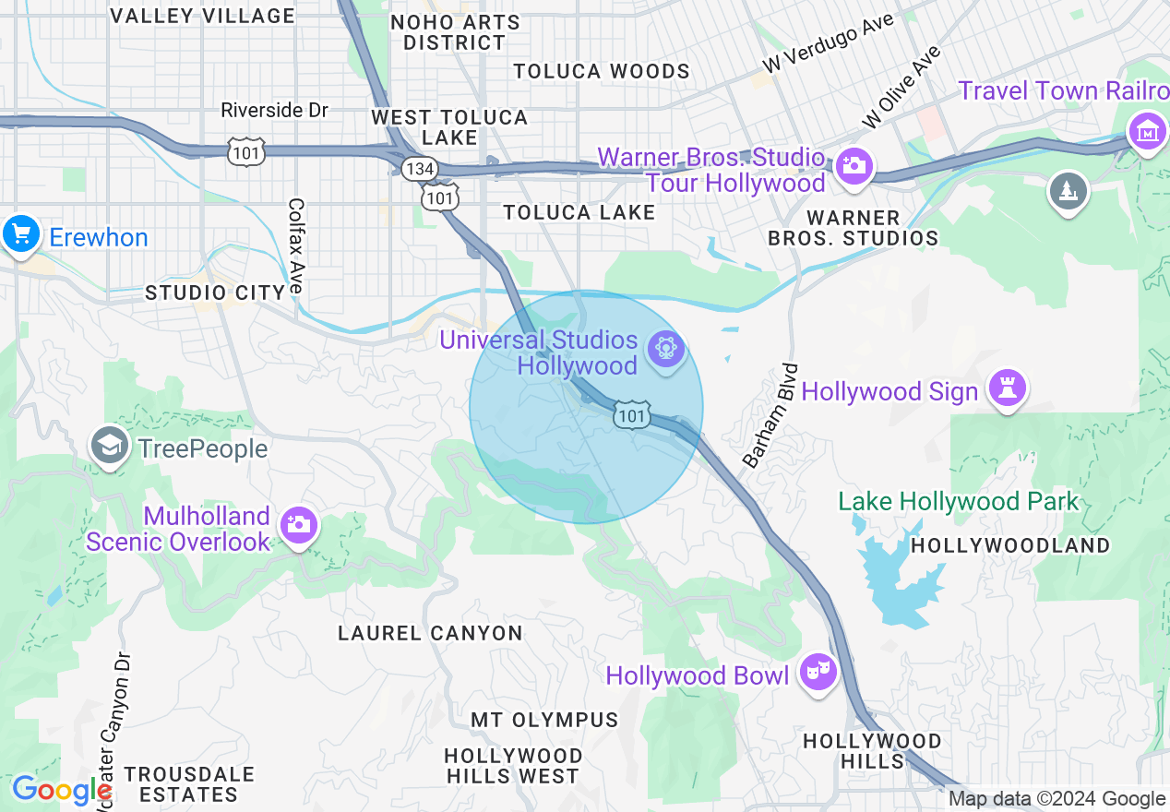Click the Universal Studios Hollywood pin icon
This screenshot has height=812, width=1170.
pyautogui.click(x=664, y=350)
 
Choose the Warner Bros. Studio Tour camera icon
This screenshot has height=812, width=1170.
pyautogui.click(x=854, y=168)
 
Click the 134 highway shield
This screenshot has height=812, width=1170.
pyautogui.click(x=420, y=168)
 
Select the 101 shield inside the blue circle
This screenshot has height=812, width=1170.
pyautogui.click(x=632, y=415)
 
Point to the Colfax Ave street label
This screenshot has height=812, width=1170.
pyautogui.click(x=296, y=245)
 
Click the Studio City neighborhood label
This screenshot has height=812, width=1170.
pyautogui.click(x=215, y=293)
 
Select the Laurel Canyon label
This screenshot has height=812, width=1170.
pyautogui.click(x=430, y=633)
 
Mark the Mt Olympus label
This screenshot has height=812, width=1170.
pyautogui.click(x=544, y=719)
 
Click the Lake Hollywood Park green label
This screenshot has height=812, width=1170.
pyautogui.click(x=958, y=502)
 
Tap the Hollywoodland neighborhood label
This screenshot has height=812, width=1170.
pyautogui.click(x=1010, y=545)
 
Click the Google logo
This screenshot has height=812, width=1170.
pyautogui.click(x=62, y=791)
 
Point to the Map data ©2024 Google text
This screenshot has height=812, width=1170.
pyautogui.click(x=1057, y=799)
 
